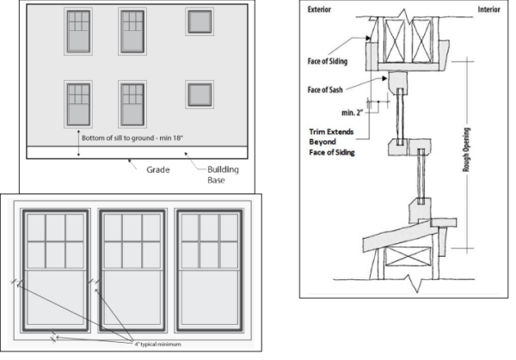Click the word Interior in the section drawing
489,10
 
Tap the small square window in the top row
200,22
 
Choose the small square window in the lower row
200,94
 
